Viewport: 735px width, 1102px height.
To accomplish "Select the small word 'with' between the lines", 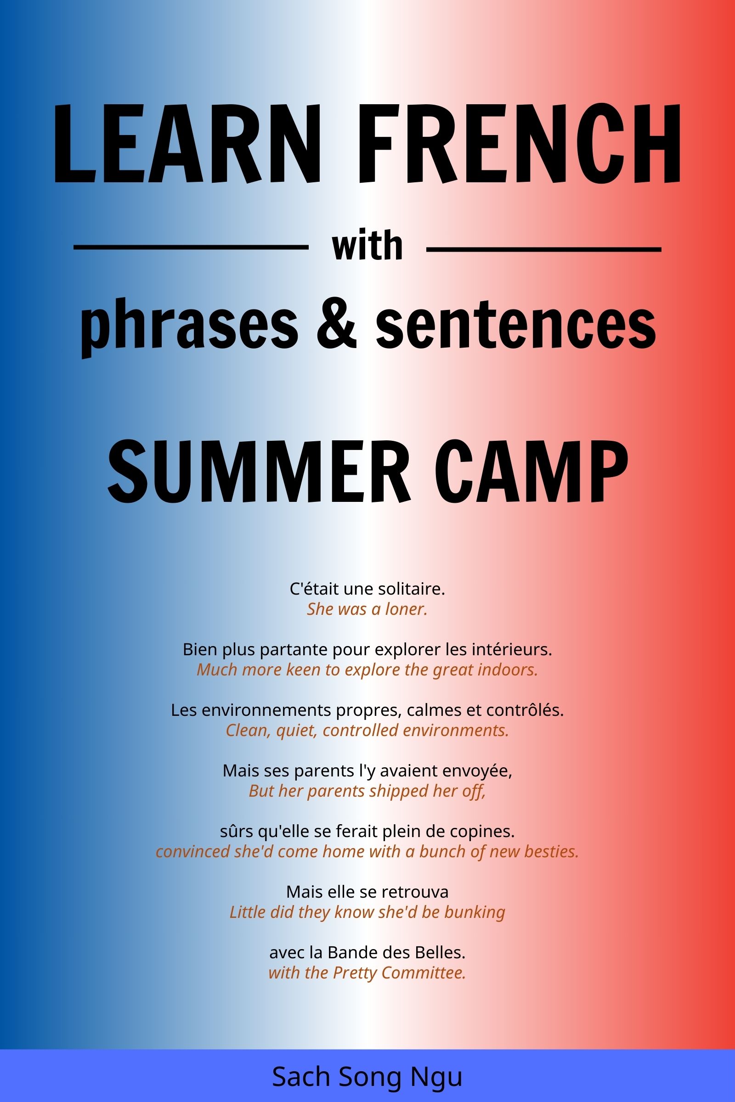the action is (x=367, y=247).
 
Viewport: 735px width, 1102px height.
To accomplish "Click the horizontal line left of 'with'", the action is (x=191, y=247).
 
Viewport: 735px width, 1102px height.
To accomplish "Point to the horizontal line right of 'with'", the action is (x=544, y=249).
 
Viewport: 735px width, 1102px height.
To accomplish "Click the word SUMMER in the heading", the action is (x=259, y=472).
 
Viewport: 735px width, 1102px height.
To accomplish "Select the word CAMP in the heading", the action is (x=531, y=472).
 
